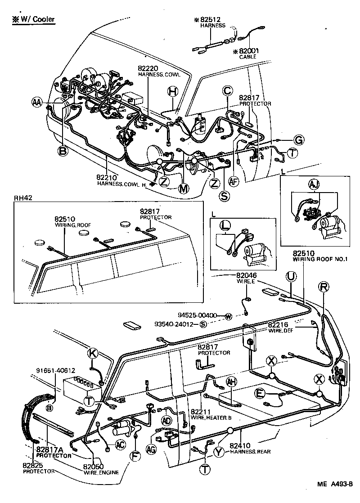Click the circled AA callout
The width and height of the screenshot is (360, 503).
37,102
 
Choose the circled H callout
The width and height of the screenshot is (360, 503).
173,92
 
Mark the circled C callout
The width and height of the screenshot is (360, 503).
227,91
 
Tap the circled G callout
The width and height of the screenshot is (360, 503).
299,139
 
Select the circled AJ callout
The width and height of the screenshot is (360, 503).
313,184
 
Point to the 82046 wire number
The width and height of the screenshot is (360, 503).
246,275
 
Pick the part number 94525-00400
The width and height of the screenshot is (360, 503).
198,315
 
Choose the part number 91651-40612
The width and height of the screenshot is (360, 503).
55,371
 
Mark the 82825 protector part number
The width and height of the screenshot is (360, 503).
34,465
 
